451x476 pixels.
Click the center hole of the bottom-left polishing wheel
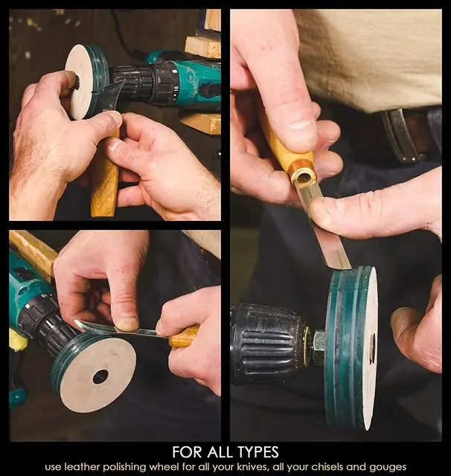point(100,376)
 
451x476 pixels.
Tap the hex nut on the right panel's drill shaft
point(319,344)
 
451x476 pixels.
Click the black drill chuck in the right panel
point(267,344)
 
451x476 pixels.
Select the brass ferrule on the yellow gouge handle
point(302,176)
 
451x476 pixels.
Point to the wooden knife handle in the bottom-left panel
point(183,338)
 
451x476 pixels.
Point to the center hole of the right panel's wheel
point(371,348)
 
